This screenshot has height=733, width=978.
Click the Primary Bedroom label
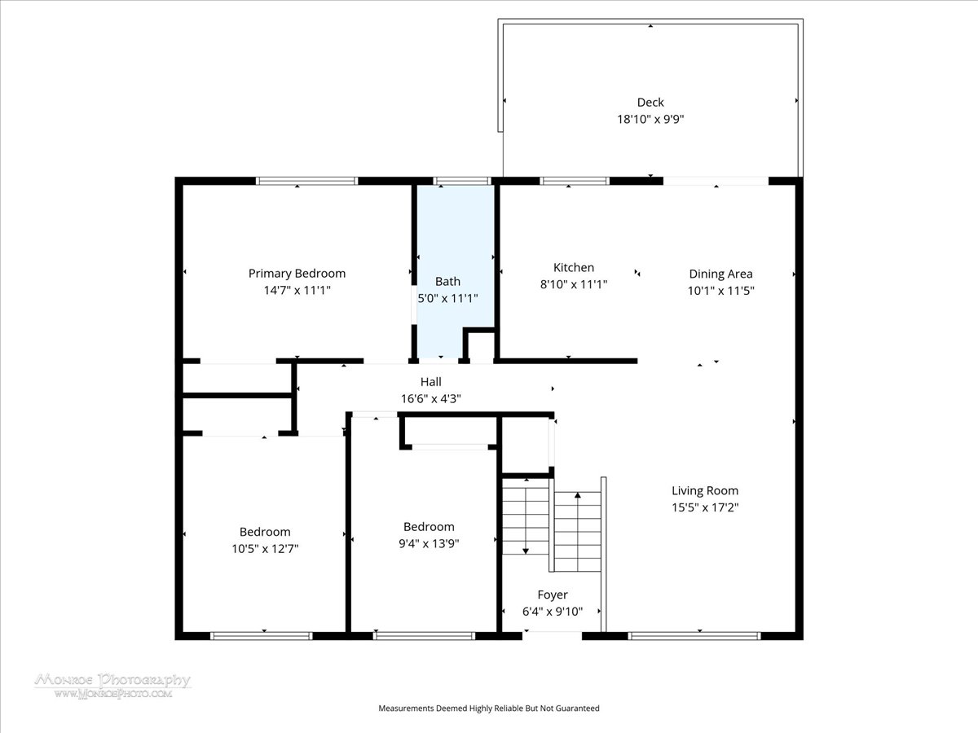(x=297, y=274)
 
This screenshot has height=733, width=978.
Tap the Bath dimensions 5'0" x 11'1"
(x=447, y=298)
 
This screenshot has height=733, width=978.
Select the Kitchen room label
(x=574, y=267)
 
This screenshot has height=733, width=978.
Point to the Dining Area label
(x=720, y=274)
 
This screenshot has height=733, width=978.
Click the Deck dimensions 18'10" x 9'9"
(x=650, y=119)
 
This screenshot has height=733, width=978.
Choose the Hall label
(x=431, y=382)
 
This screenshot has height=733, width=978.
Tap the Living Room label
(x=705, y=491)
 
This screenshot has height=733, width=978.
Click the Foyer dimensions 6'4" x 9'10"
(x=553, y=612)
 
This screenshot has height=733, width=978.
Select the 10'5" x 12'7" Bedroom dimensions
(x=265, y=549)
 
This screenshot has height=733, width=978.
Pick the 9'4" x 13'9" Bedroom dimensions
(x=429, y=544)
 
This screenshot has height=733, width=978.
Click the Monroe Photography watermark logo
(x=112, y=686)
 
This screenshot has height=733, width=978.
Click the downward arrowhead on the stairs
(x=526, y=551)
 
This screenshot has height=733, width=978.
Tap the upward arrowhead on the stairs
(x=578, y=495)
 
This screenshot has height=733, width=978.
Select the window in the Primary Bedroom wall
(x=306, y=181)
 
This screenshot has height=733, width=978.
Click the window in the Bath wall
(x=462, y=181)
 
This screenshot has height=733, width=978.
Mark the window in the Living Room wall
(x=694, y=636)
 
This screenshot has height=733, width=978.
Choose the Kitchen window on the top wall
(x=575, y=181)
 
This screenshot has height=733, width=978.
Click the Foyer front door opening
(x=552, y=635)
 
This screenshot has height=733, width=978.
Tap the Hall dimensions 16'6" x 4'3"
(x=431, y=399)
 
